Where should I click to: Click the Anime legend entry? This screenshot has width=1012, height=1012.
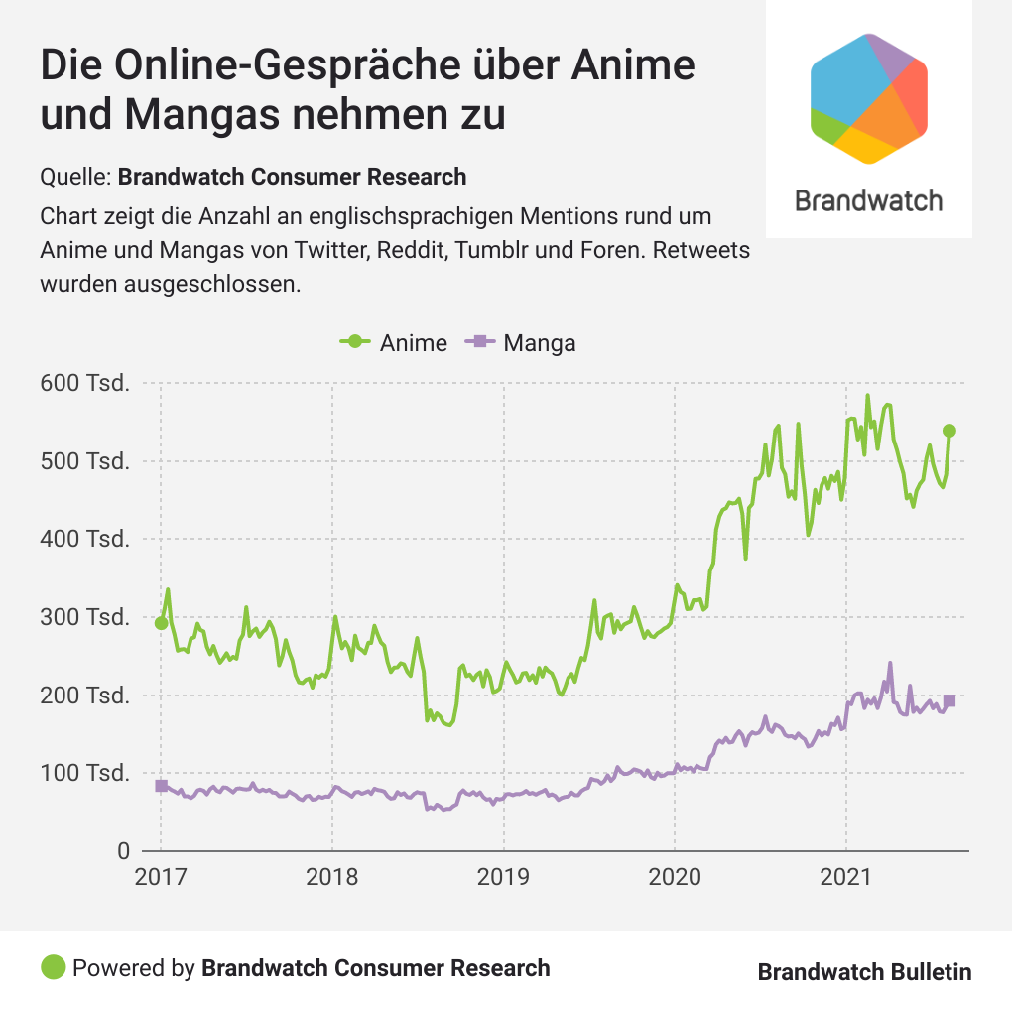click(x=394, y=342)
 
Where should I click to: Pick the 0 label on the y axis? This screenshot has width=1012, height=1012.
click(x=123, y=851)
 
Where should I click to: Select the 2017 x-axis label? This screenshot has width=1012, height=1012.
click(x=161, y=878)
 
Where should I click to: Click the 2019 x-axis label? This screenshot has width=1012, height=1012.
click(x=503, y=878)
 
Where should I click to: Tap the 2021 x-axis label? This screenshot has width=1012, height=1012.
click(x=845, y=878)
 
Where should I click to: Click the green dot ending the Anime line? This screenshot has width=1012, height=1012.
click(x=949, y=431)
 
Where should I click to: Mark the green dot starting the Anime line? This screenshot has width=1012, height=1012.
click(x=162, y=623)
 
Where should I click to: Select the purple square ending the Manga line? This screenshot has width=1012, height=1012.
click(x=949, y=700)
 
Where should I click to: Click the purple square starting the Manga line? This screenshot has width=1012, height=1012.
click(x=162, y=786)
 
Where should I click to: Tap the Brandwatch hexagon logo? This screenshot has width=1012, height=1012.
click(x=869, y=98)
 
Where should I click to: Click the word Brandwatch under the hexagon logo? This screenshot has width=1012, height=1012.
click(x=869, y=200)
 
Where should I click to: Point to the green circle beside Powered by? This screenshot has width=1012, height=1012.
click(x=54, y=967)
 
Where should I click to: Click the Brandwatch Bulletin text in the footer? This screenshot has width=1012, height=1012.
click(x=864, y=972)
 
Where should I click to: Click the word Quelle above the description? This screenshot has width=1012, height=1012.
click(x=74, y=178)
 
